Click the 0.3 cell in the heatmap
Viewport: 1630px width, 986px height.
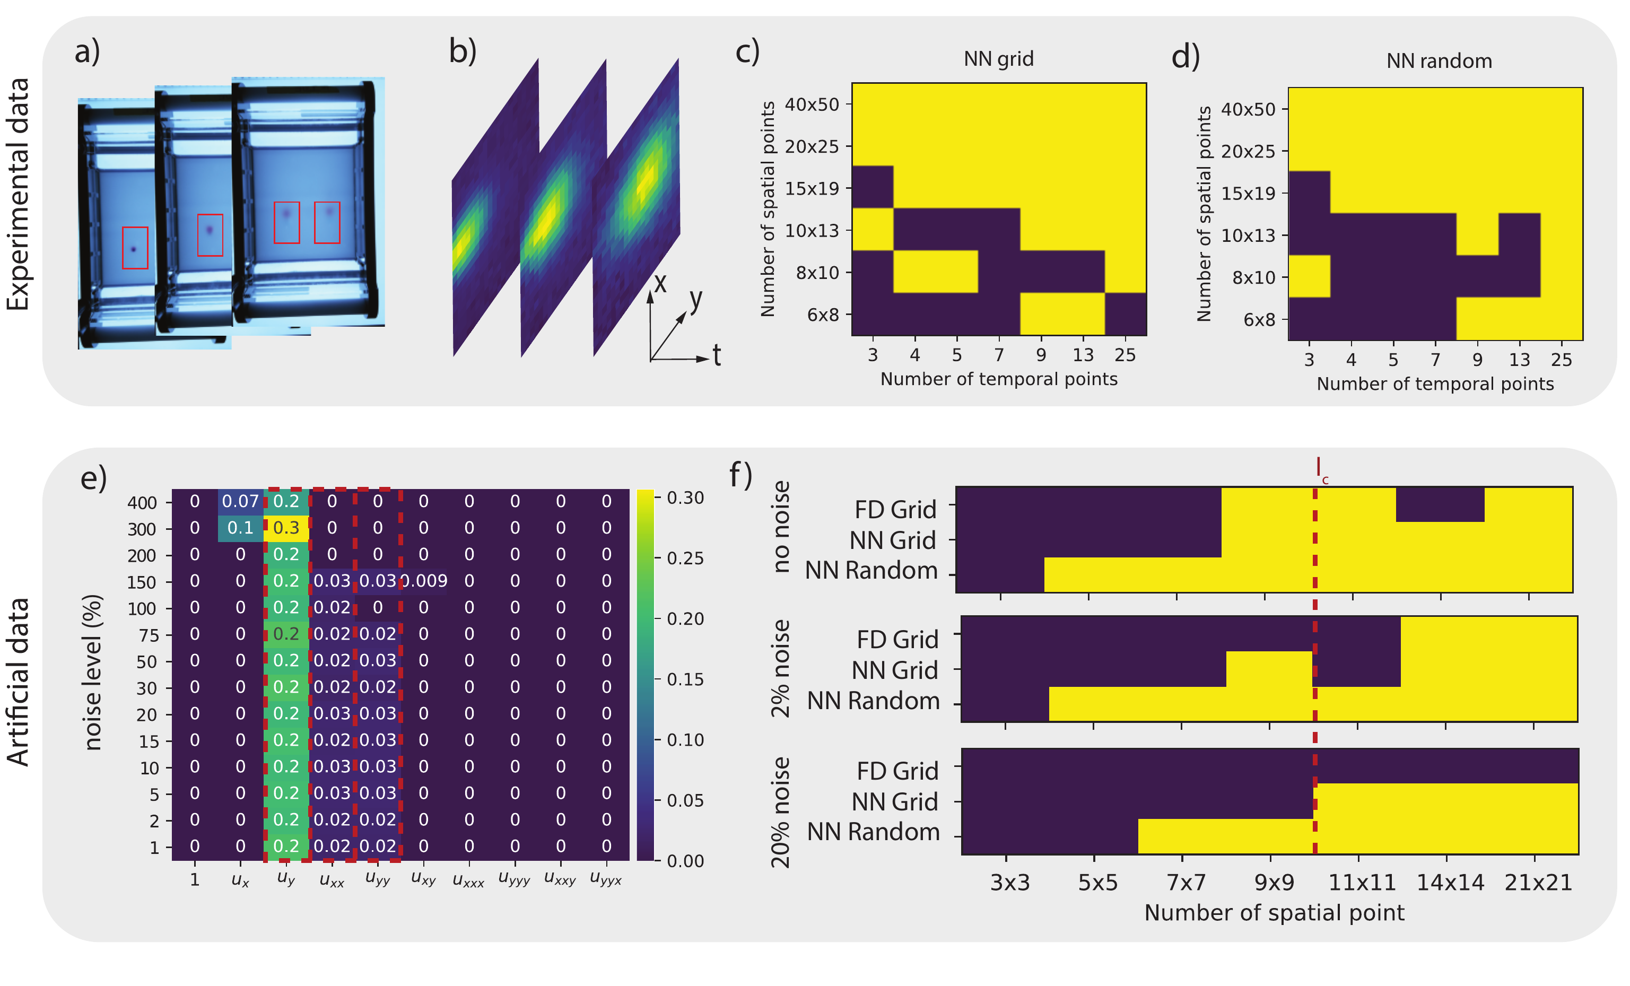coord(286,528)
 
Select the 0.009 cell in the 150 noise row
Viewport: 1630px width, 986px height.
coord(424,581)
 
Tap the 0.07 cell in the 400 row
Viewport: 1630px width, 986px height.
coord(240,501)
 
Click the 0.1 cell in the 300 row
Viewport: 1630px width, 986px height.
coord(240,528)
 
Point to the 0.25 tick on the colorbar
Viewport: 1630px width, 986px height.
coord(685,558)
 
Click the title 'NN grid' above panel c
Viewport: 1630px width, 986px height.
coord(998,59)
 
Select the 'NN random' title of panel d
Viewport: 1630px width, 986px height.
coord(1439,62)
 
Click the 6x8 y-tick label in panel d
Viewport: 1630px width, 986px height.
coord(1259,320)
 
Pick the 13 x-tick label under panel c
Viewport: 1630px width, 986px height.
coord(1083,355)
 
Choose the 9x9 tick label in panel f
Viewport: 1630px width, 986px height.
coord(1274,883)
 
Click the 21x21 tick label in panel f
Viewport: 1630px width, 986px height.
coord(1538,883)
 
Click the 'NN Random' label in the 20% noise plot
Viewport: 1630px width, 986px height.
coord(873,832)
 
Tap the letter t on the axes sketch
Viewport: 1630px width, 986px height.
coord(717,356)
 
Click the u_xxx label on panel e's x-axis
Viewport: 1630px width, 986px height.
coord(468,881)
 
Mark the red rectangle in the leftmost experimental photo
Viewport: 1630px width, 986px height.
coord(135,248)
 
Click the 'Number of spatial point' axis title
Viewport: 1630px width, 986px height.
coord(1274,913)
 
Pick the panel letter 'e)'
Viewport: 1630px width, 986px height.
coord(93,477)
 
